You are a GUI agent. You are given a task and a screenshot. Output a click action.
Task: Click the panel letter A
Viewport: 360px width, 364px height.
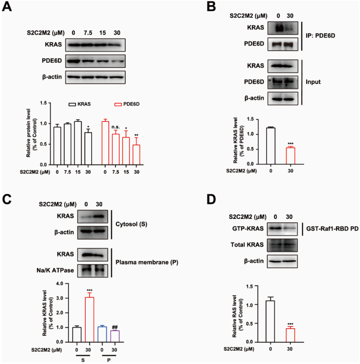tap(8, 8)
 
